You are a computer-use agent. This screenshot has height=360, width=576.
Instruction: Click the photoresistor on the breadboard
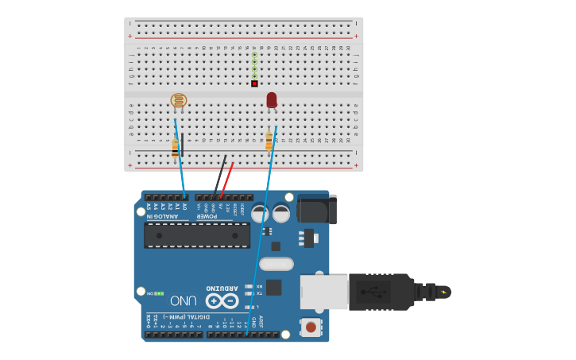[179, 101]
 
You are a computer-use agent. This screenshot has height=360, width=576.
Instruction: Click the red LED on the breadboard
[272, 100]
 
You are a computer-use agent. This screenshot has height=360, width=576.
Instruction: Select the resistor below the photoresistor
[175, 148]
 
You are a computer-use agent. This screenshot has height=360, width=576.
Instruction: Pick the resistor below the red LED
[269, 141]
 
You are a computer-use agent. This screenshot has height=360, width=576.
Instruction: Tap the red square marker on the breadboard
[254, 83]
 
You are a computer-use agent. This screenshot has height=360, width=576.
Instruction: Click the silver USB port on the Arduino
[323, 292]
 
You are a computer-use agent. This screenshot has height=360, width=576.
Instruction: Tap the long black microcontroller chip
[197, 235]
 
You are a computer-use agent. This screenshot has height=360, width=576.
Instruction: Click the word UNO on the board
[183, 300]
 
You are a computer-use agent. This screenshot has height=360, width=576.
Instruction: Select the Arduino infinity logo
[222, 300]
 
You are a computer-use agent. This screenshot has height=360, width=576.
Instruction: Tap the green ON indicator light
[160, 293]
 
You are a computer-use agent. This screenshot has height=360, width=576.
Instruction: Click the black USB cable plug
[381, 292]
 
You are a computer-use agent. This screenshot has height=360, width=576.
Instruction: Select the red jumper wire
[227, 179]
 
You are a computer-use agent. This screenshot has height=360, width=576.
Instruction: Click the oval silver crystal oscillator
[276, 264]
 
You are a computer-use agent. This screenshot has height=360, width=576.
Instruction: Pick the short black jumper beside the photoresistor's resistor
[183, 145]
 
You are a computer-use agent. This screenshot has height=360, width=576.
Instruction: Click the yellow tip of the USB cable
[443, 292]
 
